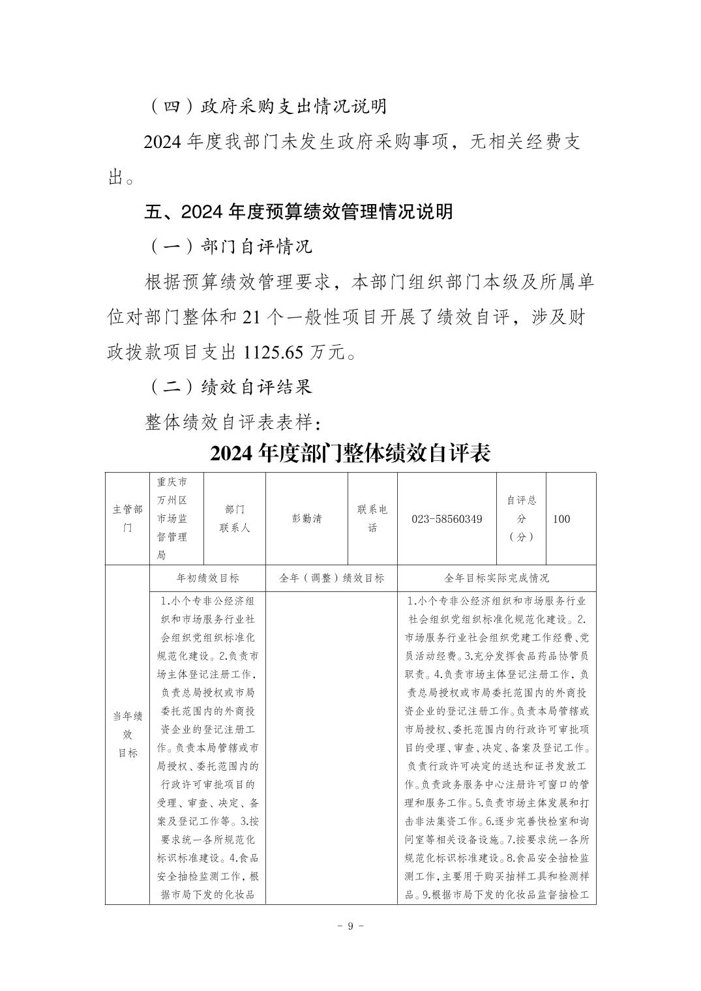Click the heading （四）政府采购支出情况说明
pos(266,106)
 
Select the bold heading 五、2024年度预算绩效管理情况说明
pos(298,212)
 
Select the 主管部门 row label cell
pos(127,519)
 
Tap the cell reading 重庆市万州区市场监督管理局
pos(172,519)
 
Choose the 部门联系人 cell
pos(235,519)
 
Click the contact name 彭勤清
pos(306,519)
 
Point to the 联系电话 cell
pos(372,519)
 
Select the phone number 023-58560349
pos(447,519)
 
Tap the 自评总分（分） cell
pos(521,519)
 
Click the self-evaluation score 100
pos(561,519)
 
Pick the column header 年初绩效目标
pos(207,578)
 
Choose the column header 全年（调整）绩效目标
pos(331,578)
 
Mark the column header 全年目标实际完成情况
pos(496,578)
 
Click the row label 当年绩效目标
pos(127,734)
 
